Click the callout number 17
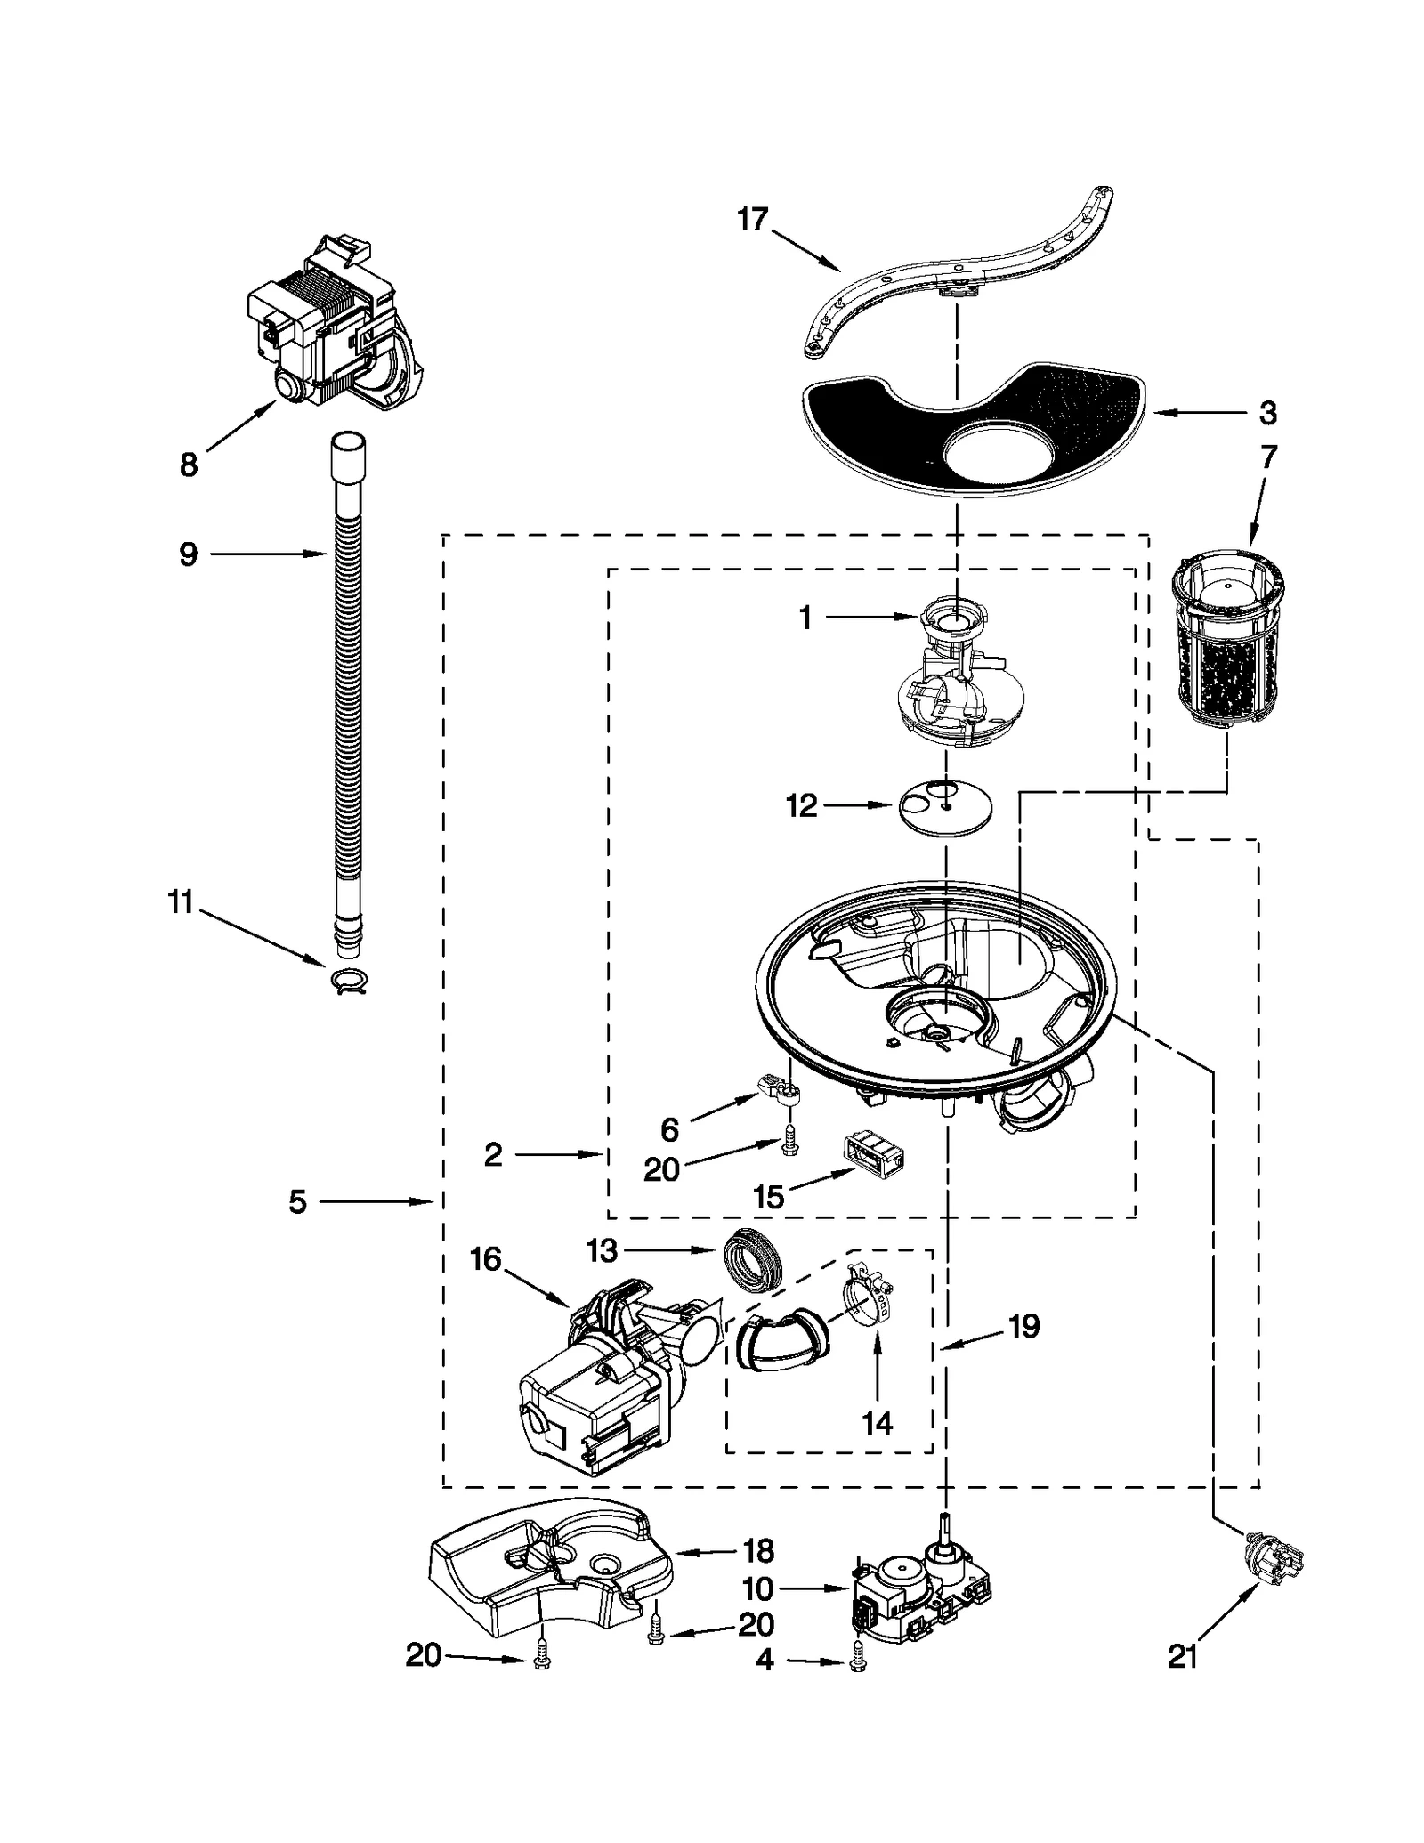(752, 219)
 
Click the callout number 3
(1268, 413)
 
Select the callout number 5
(297, 1202)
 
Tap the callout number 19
(1023, 1326)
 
